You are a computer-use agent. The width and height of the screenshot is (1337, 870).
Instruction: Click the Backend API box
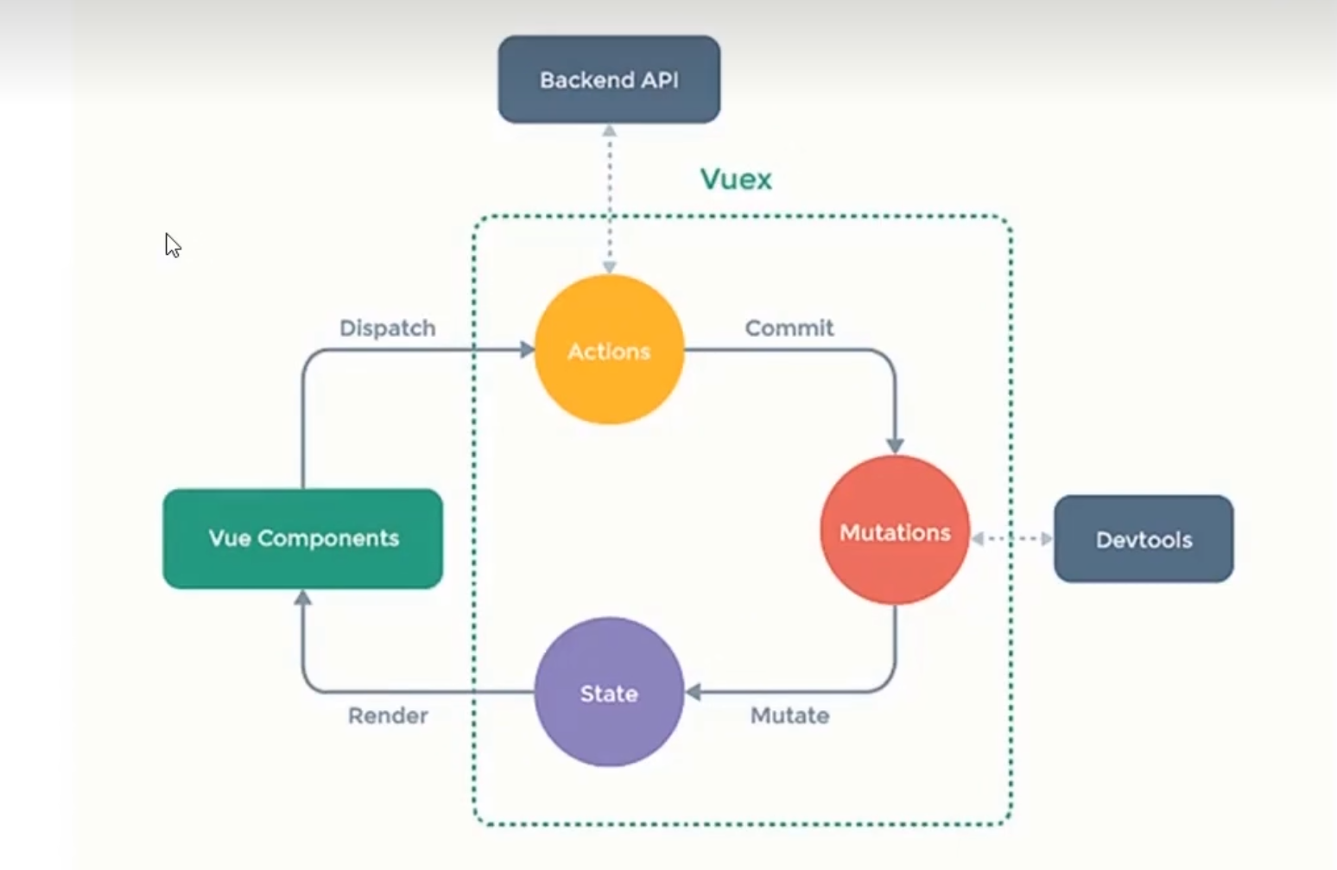pyautogui.click(x=609, y=79)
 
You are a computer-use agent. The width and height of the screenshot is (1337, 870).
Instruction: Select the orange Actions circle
pyautogui.click(x=609, y=350)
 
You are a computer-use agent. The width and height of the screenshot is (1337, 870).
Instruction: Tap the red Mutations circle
pyautogui.click(x=895, y=530)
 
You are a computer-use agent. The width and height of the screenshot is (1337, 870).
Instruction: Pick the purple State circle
pyautogui.click(x=609, y=692)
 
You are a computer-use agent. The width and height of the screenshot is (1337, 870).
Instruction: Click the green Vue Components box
pyautogui.click(x=302, y=538)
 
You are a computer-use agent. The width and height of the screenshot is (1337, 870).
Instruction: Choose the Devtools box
pyautogui.click(x=1144, y=539)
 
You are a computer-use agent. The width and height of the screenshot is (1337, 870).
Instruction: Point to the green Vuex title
pyautogui.click(x=736, y=179)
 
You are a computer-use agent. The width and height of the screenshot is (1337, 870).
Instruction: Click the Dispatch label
pyautogui.click(x=387, y=328)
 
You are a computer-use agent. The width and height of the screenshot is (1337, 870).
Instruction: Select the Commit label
pyautogui.click(x=789, y=328)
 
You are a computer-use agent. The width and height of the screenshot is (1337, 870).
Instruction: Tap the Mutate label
pyautogui.click(x=789, y=715)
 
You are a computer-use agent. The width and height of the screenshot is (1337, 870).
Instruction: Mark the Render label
pyautogui.click(x=388, y=715)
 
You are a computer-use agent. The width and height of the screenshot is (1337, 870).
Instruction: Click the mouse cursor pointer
pyautogui.click(x=172, y=244)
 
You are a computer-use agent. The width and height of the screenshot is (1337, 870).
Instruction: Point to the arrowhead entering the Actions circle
pyautogui.click(x=527, y=350)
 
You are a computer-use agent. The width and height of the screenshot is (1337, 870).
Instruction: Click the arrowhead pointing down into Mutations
pyautogui.click(x=895, y=445)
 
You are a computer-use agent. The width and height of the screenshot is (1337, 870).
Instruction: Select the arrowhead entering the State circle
pyautogui.click(x=693, y=692)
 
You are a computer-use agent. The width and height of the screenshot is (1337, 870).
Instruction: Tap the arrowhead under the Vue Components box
pyautogui.click(x=302, y=597)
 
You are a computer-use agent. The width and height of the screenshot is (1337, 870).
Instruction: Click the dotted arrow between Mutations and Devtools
pyautogui.click(x=1011, y=538)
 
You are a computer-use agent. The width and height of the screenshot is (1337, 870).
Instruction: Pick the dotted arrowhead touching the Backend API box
pyautogui.click(x=610, y=131)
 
